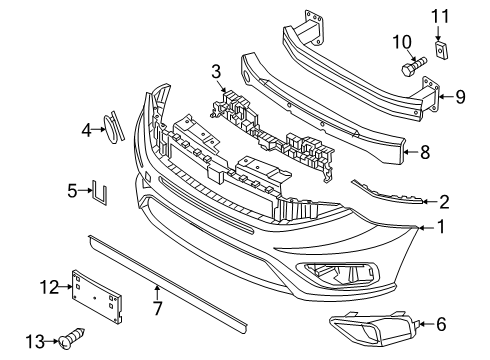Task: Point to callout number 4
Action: point(86,127)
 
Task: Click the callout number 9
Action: point(461,96)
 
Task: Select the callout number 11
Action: point(441,15)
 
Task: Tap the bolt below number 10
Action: point(413,70)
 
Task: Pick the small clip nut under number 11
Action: point(441,49)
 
